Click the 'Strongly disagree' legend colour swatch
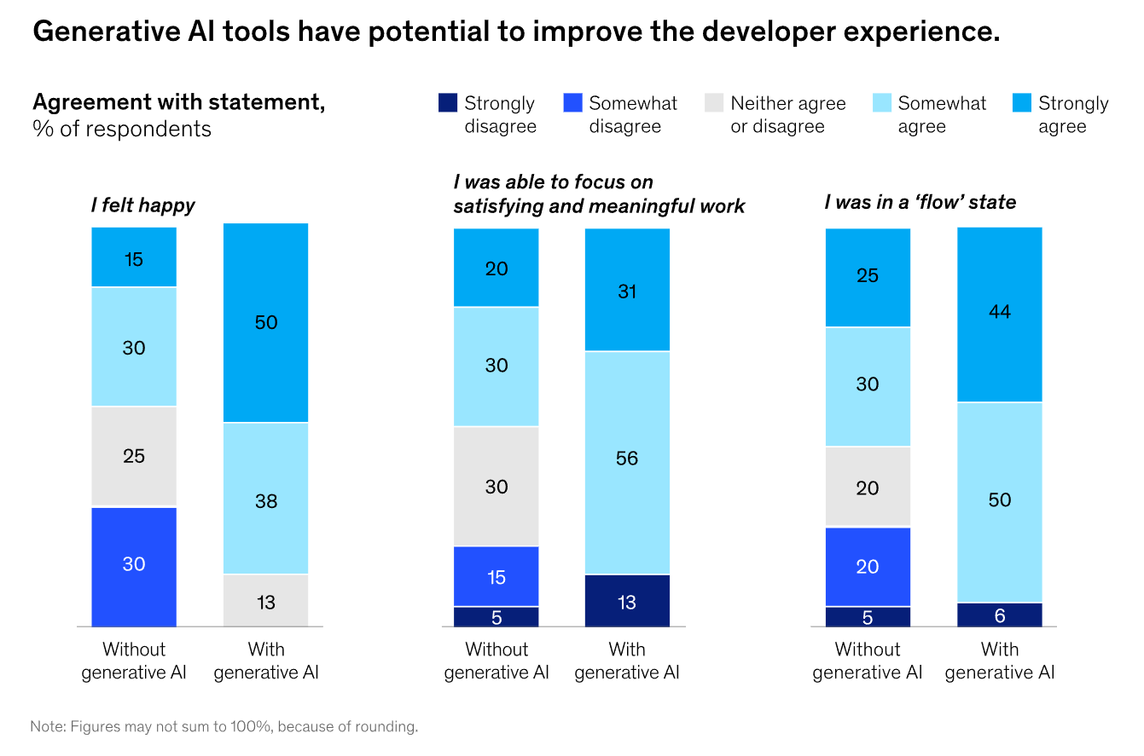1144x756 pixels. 447,102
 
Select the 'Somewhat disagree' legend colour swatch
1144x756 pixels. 572,102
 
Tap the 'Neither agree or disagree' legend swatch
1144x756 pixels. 714,102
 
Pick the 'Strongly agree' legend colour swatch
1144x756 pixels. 1022,102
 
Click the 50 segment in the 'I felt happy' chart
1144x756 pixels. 265,322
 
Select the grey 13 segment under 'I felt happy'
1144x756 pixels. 265,600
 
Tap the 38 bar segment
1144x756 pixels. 265,499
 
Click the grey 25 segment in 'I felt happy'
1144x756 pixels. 134,455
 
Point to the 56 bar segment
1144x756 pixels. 627,463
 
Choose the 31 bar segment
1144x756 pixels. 627,289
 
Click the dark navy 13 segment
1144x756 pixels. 627,601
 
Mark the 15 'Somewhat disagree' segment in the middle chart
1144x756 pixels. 496,576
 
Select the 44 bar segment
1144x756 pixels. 1000,315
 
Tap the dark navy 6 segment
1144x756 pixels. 1000,615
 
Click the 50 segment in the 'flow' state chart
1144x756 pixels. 1000,503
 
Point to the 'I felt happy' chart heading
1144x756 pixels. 143,205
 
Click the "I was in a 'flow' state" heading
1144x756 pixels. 920,202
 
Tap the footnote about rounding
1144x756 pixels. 224,726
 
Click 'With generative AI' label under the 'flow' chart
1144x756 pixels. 1000,661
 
